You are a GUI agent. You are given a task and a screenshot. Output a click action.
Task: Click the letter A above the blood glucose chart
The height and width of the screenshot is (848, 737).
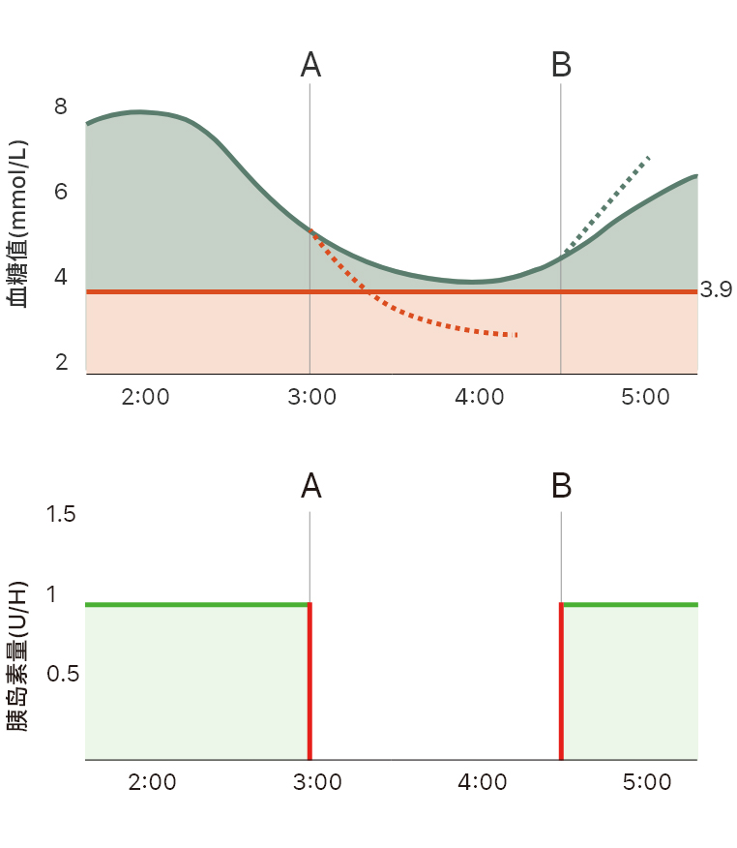pyautogui.click(x=310, y=65)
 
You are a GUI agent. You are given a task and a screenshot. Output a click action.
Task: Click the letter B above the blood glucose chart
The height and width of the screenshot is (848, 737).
pyautogui.click(x=561, y=65)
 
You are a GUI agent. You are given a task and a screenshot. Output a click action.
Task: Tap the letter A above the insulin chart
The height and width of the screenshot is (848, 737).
pyautogui.click(x=310, y=486)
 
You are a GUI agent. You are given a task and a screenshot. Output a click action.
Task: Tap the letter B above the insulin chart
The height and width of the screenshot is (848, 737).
pyautogui.click(x=561, y=486)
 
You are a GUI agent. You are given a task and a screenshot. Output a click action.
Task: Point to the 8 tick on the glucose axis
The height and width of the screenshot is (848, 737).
pyautogui.click(x=61, y=106)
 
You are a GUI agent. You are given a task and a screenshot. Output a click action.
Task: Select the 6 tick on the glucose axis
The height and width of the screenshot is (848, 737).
pyautogui.click(x=61, y=192)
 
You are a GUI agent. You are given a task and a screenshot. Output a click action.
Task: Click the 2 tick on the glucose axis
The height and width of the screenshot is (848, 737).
pyautogui.click(x=61, y=363)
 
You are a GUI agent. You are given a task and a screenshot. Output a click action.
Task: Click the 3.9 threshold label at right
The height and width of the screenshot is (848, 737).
pyautogui.click(x=715, y=290)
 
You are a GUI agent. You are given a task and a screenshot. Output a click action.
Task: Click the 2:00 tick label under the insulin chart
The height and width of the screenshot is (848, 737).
pyautogui.click(x=152, y=782)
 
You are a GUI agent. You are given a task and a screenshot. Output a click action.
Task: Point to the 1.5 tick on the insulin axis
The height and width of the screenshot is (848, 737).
pyautogui.click(x=61, y=514)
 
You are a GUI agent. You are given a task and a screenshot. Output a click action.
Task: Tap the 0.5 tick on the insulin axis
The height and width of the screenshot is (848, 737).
pyautogui.click(x=61, y=673)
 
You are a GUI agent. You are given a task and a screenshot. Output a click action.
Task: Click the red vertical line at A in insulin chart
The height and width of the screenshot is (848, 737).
pyautogui.click(x=310, y=682)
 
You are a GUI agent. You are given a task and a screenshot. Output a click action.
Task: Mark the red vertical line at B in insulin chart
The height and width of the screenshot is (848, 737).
pyautogui.click(x=561, y=682)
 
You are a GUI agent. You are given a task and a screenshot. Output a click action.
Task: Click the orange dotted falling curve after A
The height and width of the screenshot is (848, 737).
pyautogui.click(x=406, y=313)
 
